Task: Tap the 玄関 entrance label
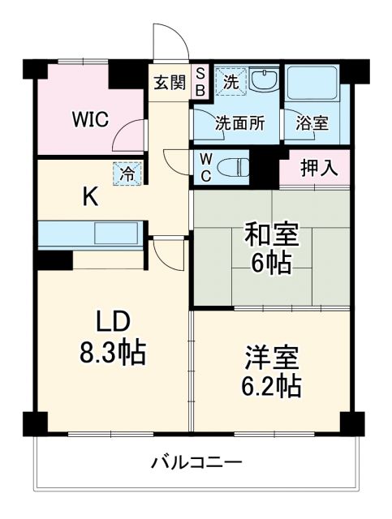coord(170,82)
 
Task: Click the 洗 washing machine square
coord(230,81)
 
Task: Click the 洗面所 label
coord(239,124)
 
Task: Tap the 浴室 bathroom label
coord(312,124)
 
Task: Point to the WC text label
coord(205,167)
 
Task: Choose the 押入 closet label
coord(317,169)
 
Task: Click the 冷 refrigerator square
coord(127,173)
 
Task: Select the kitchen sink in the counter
coord(118,234)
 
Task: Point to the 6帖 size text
coord(270,264)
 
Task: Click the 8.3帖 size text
coord(110,351)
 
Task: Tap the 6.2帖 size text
coord(273,384)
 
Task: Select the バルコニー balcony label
coord(196,464)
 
